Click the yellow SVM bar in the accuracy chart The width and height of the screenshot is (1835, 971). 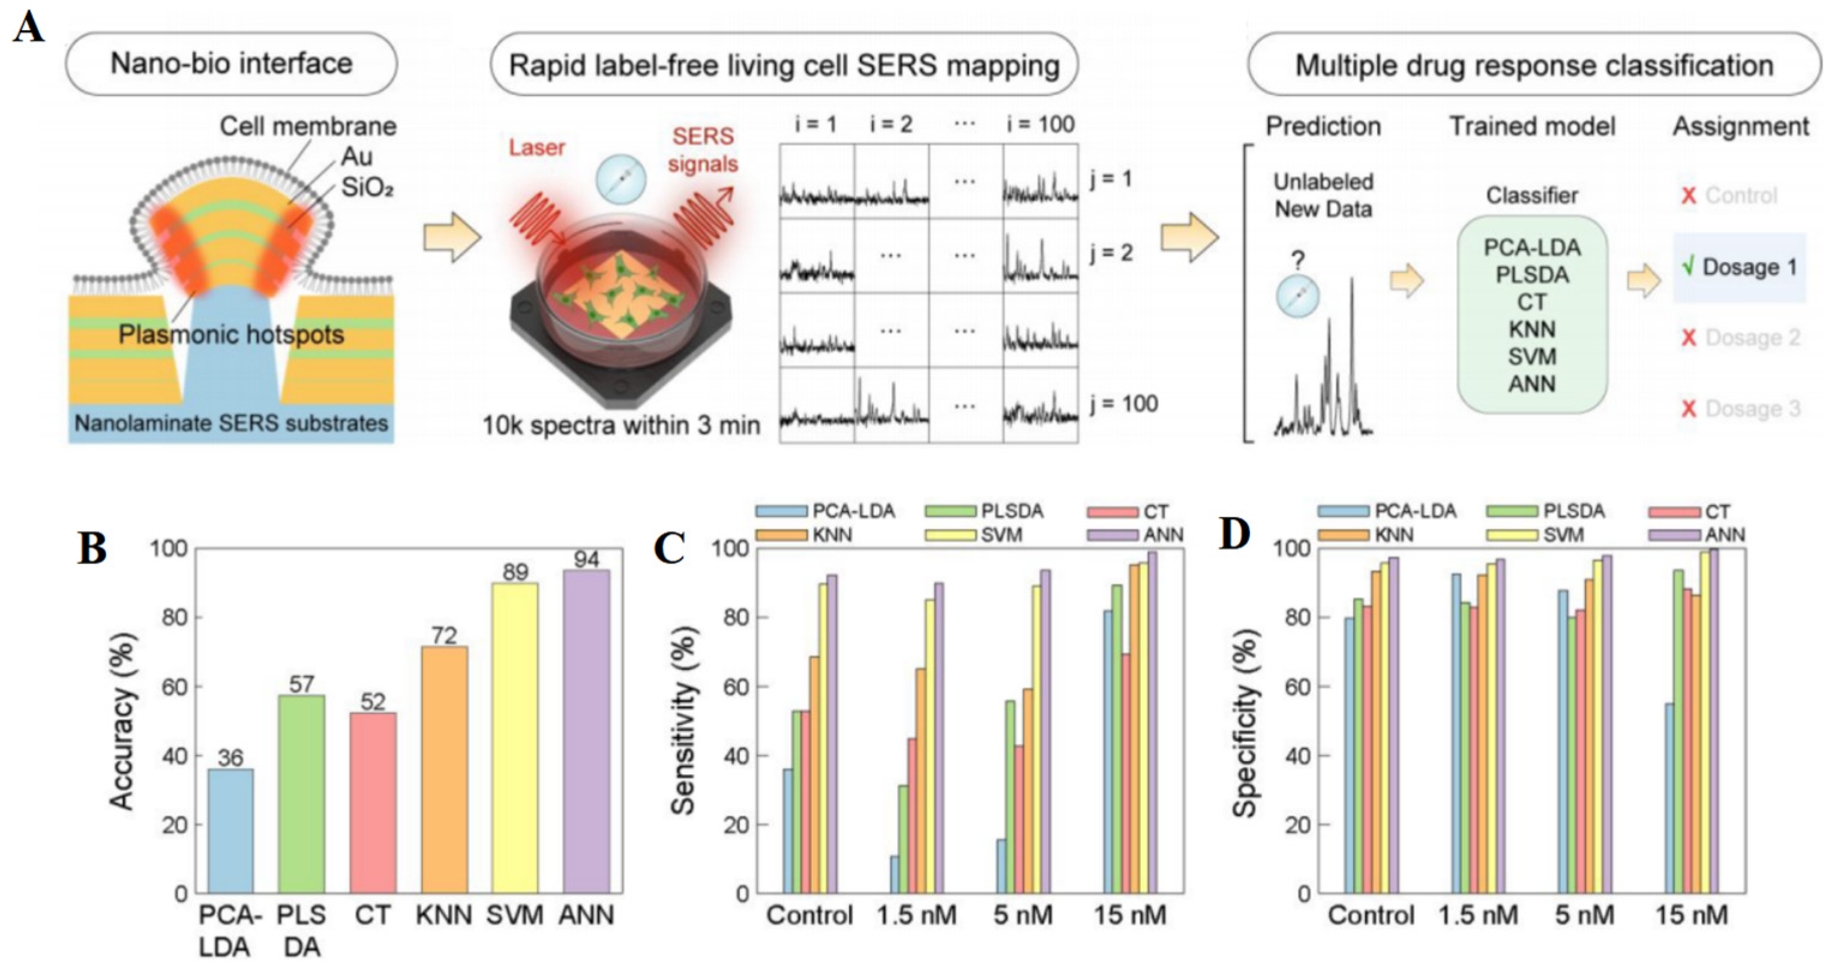click(x=515, y=738)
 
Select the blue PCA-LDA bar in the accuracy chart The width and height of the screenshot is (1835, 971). click(x=230, y=831)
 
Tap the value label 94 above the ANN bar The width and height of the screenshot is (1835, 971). click(x=586, y=559)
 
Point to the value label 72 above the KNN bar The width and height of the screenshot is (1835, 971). click(x=444, y=636)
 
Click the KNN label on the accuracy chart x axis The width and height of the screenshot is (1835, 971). click(x=444, y=915)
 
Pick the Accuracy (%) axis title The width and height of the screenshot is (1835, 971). click(x=122, y=721)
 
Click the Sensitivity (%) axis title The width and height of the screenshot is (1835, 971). click(x=683, y=721)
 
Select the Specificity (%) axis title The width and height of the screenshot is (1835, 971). click(x=1245, y=721)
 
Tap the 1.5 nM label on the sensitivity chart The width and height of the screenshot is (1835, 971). click(x=916, y=915)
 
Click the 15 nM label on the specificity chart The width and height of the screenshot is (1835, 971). click(x=1691, y=915)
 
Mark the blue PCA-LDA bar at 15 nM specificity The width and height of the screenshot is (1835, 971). click(x=1669, y=798)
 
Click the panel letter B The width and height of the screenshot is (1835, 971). click(x=92, y=549)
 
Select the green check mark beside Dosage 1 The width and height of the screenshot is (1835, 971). click(x=1687, y=266)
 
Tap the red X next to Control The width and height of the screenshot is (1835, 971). click(x=1688, y=196)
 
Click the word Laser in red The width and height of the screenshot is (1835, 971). click(x=536, y=148)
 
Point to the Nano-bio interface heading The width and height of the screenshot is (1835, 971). click(x=232, y=64)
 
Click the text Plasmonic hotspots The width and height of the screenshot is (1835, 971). click(x=231, y=334)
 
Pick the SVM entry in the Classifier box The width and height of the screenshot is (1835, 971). click(x=1531, y=356)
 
